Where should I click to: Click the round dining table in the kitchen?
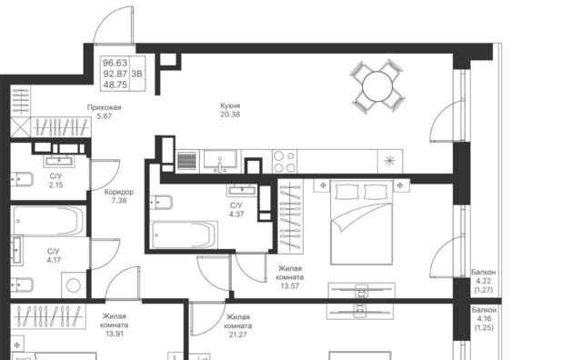tap(377, 85)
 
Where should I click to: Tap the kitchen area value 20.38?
tap(230, 115)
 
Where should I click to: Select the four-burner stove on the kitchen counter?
tap(285, 162)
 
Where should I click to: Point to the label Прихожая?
tap(104, 107)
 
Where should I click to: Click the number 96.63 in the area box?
tap(115, 63)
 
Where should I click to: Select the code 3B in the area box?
tap(136, 74)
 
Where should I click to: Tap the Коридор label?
tap(119, 192)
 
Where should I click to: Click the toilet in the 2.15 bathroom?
tap(22, 180)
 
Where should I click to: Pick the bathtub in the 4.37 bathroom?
tap(184, 235)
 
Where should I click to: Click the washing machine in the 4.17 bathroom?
tap(74, 285)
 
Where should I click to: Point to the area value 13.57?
tap(290, 285)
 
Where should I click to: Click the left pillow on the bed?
tap(346, 192)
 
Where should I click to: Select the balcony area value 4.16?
tap(484, 318)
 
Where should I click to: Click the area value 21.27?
tap(238, 335)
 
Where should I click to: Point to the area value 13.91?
tap(115, 334)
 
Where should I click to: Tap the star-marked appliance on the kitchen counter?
tap(390, 161)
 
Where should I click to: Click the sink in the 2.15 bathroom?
tap(59, 161)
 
